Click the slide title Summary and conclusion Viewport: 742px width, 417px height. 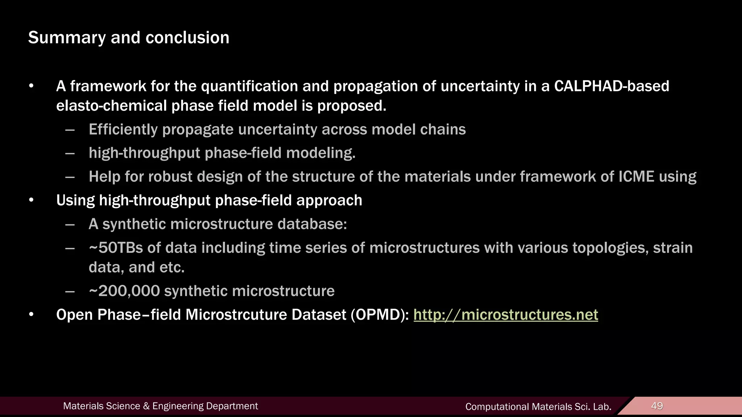pyautogui.click(x=129, y=38)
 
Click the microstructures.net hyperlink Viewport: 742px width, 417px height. pyautogui.click(x=505, y=315)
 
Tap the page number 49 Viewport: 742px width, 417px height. pyautogui.click(x=657, y=406)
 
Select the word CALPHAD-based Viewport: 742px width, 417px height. pyautogui.click(x=612, y=86)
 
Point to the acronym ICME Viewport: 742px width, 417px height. pyautogui.click(x=636, y=177)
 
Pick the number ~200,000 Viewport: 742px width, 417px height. pyautogui.click(x=124, y=291)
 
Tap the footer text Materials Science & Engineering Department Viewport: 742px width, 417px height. pyautogui.click(x=161, y=406)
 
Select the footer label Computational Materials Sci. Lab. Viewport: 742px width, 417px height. pyautogui.click(x=538, y=407)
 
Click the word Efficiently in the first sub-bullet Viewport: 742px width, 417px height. pyautogui.click(x=123, y=130)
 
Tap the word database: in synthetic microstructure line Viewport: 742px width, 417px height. pyautogui.click(x=312, y=224)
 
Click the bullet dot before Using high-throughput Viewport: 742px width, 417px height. pyautogui.click(x=32, y=201)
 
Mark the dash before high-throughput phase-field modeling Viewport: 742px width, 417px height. pyautogui.click(x=70, y=153)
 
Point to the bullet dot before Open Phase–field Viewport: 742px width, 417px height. pyautogui.click(x=32, y=315)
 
